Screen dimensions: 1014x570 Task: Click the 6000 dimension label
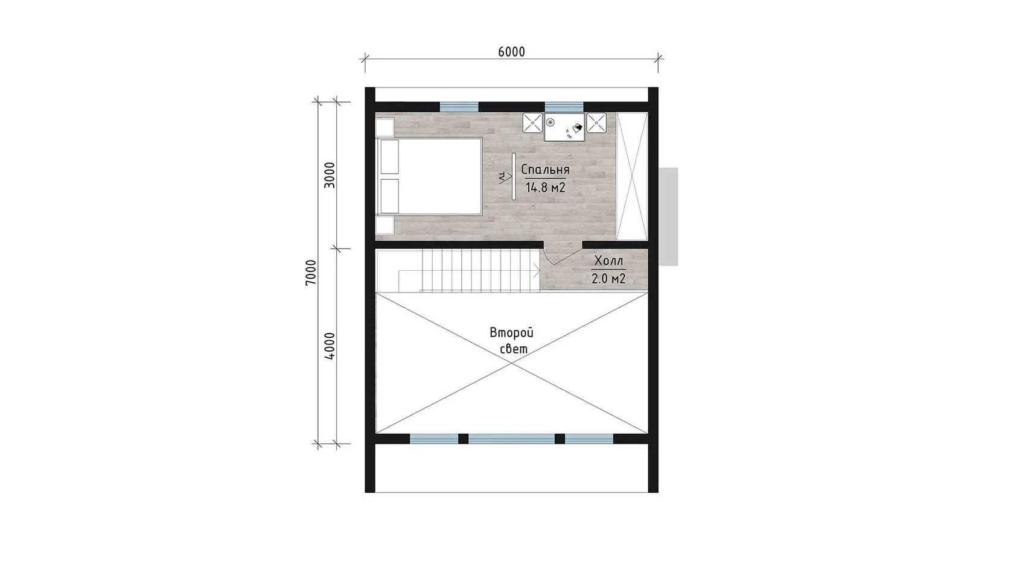(x=512, y=52)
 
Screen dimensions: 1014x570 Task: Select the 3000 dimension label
(x=330, y=175)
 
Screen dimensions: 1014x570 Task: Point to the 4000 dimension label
(x=330, y=346)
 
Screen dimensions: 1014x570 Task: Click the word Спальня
(x=545, y=169)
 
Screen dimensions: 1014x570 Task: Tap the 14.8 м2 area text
(x=546, y=187)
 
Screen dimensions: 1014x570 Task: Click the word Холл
(x=608, y=261)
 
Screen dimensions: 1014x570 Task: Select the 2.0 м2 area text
(x=608, y=279)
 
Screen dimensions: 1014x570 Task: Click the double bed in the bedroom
(x=429, y=176)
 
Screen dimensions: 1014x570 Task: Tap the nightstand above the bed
(x=385, y=127)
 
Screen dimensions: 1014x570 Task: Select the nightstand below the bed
(x=385, y=226)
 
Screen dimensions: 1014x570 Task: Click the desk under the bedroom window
(x=564, y=127)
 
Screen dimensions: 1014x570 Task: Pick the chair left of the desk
(x=532, y=122)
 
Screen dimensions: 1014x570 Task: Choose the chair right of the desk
(x=596, y=122)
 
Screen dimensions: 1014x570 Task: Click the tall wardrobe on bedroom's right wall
(x=632, y=176)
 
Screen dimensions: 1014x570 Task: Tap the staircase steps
(x=480, y=270)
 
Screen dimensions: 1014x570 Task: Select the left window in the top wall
(x=459, y=107)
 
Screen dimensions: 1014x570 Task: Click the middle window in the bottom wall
(x=512, y=439)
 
